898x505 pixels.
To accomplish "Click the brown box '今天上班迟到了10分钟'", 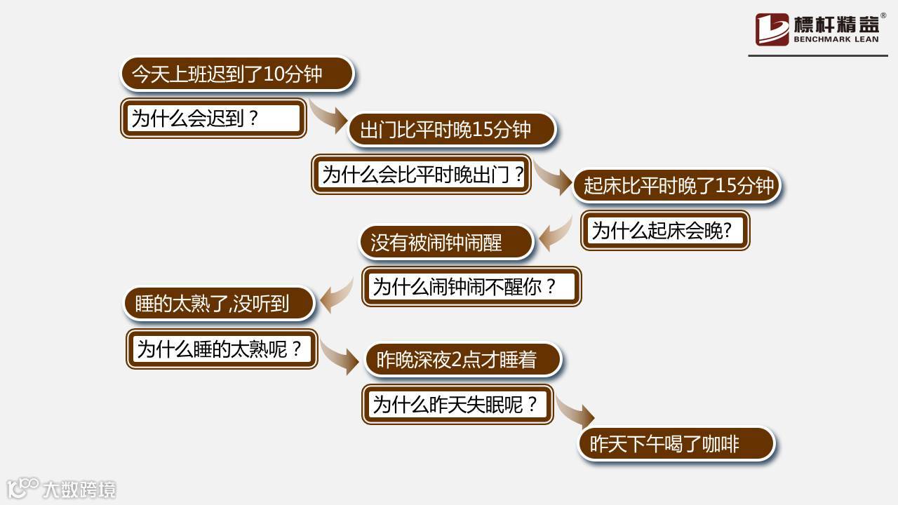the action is [237, 74].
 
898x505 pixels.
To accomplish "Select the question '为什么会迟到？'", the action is [213, 118].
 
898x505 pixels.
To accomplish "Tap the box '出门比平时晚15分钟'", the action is [452, 130].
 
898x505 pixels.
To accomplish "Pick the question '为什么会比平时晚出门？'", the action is [421, 174].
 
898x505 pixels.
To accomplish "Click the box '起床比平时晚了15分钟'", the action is [677, 186].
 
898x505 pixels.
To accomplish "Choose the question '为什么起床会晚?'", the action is [665, 230].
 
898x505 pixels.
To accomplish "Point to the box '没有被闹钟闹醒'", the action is [446, 242].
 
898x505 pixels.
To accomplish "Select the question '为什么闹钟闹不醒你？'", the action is [471, 286].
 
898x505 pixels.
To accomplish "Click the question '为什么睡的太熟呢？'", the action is [222, 349].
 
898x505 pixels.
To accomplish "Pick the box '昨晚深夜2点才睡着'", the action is [463, 360].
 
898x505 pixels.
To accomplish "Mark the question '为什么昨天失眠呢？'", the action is [457, 404].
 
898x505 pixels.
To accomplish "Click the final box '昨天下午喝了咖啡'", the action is [676, 444].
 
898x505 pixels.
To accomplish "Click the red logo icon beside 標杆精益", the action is [772, 29].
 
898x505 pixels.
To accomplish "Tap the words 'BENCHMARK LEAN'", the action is [836, 40].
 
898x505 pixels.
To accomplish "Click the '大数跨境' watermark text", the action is [79, 489].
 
